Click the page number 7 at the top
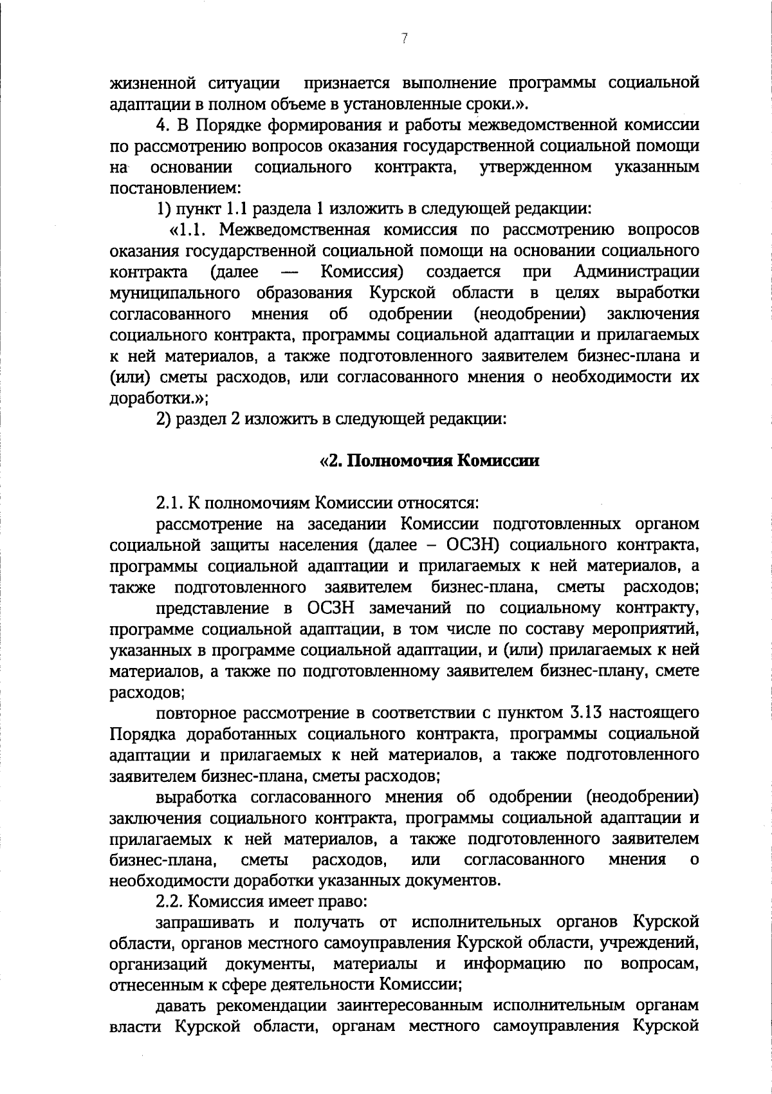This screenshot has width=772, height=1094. click(404, 39)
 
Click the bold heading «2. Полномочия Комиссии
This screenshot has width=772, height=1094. click(429, 461)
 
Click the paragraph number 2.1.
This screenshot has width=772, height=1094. click(170, 503)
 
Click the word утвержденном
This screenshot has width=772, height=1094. click(536, 167)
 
